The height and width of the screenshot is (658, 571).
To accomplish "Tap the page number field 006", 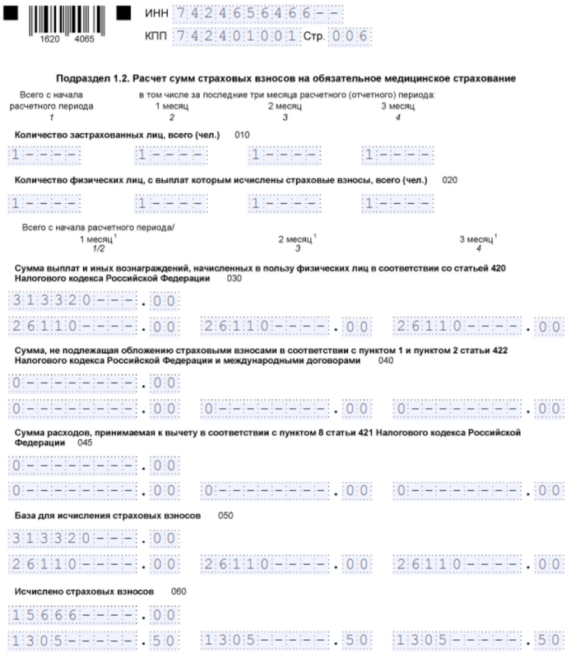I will coord(349,37).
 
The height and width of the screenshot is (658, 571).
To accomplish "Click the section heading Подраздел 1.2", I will coord(285,78).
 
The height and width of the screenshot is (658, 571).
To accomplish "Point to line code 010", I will coord(242,134).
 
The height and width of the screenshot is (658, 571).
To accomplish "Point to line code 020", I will coord(449,179).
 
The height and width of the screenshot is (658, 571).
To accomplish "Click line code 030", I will coord(234,279).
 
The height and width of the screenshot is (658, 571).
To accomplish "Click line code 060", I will coord(179,592).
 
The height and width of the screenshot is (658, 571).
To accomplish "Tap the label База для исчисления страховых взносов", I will coord(107,516).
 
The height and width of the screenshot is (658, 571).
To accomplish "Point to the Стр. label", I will coord(313,38).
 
